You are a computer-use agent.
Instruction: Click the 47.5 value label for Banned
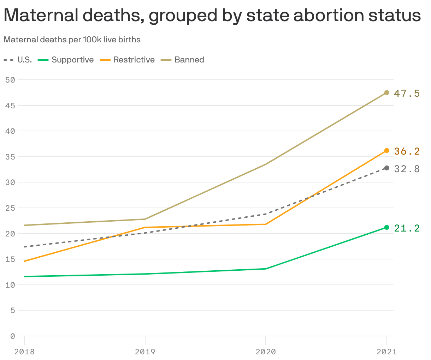point(407,93)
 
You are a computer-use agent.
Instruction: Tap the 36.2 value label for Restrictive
point(407,151)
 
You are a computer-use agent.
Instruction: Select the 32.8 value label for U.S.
point(407,169)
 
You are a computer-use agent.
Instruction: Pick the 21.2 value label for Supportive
point(407,228)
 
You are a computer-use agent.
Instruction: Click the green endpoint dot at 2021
point(386,227)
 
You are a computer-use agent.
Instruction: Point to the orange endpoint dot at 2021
point(386,150)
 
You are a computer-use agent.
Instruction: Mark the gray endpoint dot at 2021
point(386,168)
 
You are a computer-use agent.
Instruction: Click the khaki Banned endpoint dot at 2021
point(386,92)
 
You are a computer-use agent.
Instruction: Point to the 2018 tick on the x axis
point(24,352)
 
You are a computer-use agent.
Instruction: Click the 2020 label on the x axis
point(266,352)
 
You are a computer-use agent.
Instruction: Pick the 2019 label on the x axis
point(145,352)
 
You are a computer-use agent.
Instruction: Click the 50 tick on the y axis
point(10,80)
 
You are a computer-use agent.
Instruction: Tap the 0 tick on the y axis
point(13,336)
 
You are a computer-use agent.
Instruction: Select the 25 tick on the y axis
point(10,208)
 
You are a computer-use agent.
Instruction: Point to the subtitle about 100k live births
point(72,40)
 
